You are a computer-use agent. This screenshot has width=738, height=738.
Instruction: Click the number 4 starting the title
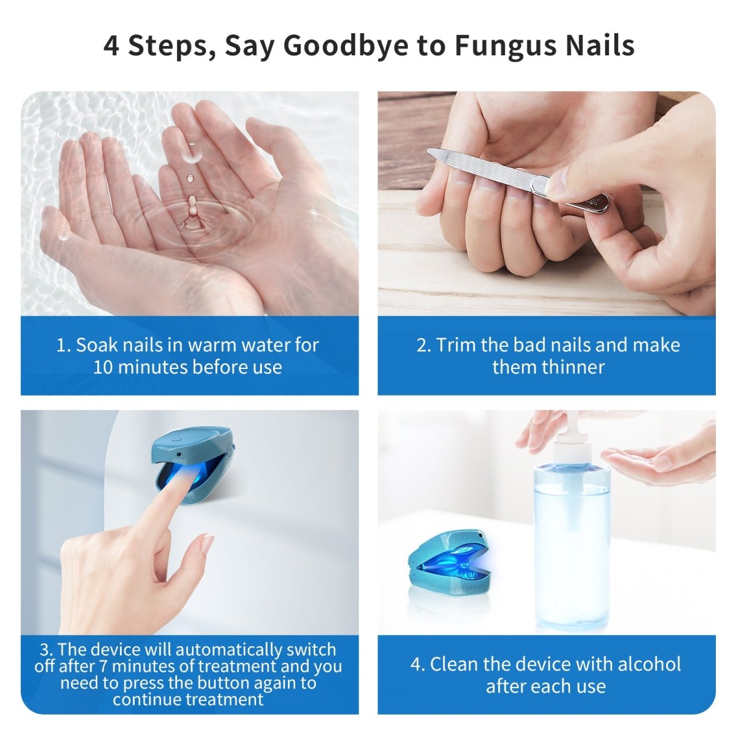(x=111, y=46)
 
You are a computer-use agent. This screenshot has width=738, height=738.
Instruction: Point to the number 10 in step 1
(x=103, y=367)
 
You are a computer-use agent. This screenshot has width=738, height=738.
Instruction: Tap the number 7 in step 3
(x=103, y=665)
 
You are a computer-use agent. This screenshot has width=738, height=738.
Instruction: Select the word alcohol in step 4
(x=649, y=664)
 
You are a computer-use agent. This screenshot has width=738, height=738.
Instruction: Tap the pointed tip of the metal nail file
(x=429, y=151)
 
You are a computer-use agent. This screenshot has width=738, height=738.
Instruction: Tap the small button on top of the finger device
(x=177, y=439)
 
